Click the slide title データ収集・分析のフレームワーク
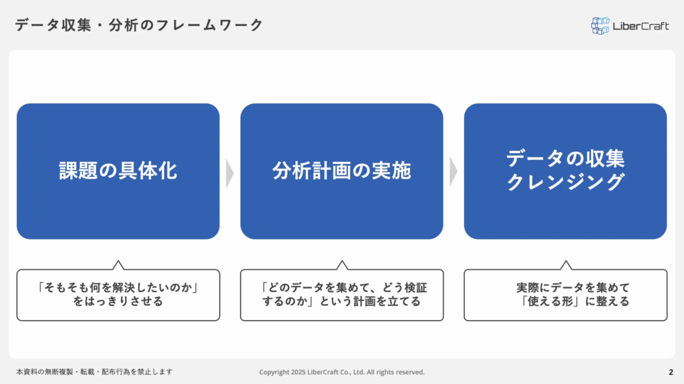pos(139,25)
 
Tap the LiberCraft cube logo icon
pos(601,26)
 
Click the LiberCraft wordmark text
pos(641,26)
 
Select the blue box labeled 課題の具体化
pos(118,171)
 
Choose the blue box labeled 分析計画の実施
pos(341,171)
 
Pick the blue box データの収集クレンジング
pos(565,171)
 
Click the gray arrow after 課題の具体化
pos(230,173)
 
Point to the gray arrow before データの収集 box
pos(454,171)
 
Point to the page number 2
pos(671,372)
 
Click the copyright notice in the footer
pos(341,372)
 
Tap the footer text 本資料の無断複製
pos(94,372)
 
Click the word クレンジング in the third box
pos(565,181)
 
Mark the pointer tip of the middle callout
pos(342,261)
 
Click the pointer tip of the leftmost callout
pos(118,261)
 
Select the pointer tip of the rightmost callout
pos(566,261)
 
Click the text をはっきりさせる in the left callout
pos(118,301)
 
